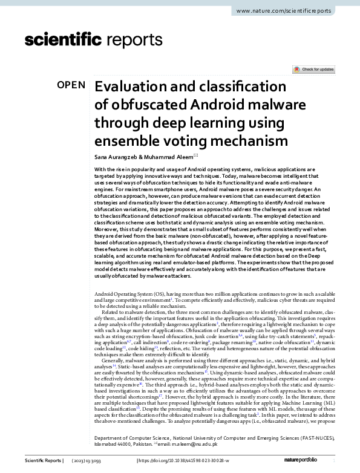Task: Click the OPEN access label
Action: pyautogui.click(x=71, y=85)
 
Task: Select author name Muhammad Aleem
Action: pyautogui.click(x=173, y=157)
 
